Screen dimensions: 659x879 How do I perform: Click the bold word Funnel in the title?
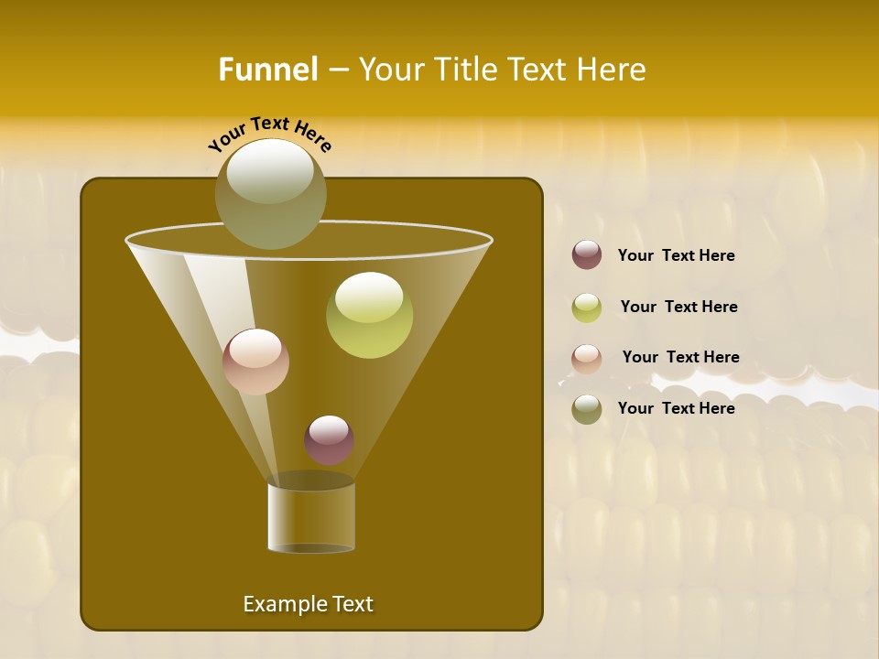tap(267, 70)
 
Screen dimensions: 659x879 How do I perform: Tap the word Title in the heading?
tap(464, 70)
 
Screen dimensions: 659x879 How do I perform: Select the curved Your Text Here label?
tap(270, 134)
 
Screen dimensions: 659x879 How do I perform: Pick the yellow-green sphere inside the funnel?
tap(369, 316)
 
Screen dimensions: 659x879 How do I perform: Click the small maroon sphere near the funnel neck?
tap(329, 440)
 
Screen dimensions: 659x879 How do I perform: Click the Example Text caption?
tap(308, 604)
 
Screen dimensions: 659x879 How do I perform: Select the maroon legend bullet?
tap(587, 255)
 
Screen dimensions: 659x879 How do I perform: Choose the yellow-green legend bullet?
tap(587, 307)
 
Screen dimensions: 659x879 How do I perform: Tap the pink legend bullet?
tap(587, 358)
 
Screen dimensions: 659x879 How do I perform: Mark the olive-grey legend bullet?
tap(587, 409)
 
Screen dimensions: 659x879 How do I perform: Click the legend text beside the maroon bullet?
tap(676, 256)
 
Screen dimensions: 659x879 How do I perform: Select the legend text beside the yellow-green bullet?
tap(678, 308)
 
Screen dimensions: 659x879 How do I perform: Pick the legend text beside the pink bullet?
tap(680, 357)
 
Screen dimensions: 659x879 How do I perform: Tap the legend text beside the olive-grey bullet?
tap(676, 408)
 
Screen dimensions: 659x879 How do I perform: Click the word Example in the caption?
tap(279, 604)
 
